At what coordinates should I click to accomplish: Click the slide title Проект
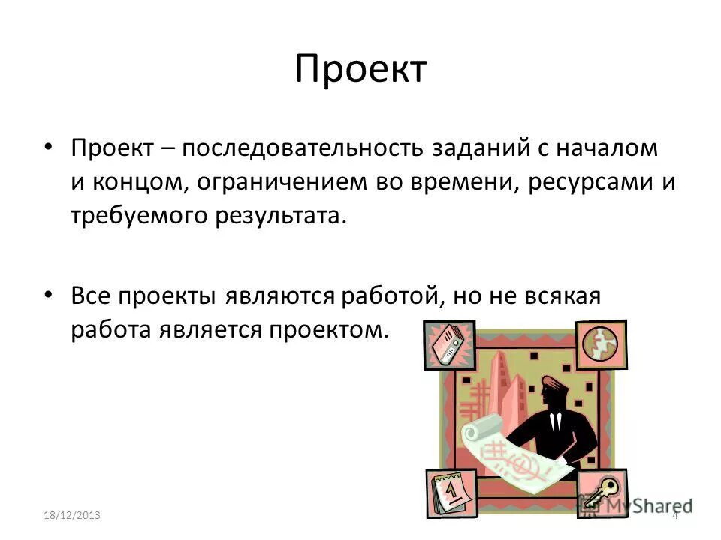click(x=360, y=70)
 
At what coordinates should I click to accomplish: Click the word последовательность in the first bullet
click(x=303, y=149)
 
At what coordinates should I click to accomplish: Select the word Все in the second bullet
click(x=91, y=296)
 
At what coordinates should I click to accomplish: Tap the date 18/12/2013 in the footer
click(x=72, y=516)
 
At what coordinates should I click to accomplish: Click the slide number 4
click(x=674, y=516)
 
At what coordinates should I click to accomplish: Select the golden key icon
click(x=602, y=493)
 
